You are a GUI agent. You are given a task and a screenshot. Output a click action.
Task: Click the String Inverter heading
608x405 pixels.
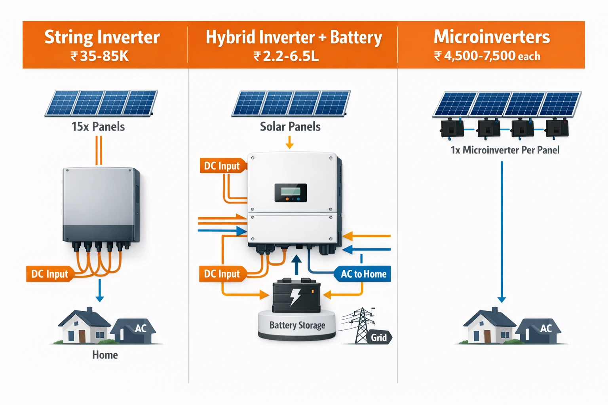point(102,37)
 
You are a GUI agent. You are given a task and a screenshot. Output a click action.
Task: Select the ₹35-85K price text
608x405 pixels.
point(100,56)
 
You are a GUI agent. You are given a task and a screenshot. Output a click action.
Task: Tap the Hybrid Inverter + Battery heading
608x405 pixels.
point(293,38)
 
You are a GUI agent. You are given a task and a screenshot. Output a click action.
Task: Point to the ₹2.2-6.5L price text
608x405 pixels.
point(286,56)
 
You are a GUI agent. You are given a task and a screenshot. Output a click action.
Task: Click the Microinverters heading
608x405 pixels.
point(492,37)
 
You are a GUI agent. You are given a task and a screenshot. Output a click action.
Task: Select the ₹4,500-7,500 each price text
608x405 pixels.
point(487,56)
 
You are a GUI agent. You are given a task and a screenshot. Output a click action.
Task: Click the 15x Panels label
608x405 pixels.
point(98,127)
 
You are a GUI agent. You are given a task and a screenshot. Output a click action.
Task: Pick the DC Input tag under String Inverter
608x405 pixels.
point(49,274)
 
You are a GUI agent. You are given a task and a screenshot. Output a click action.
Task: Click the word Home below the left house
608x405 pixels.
point(105,355)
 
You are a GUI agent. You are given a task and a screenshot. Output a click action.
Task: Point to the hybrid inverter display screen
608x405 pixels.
point(291,193)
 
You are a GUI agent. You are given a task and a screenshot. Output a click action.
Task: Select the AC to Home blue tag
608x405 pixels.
point(363,274)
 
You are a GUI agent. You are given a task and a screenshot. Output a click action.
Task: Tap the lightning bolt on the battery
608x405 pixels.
point(295,297)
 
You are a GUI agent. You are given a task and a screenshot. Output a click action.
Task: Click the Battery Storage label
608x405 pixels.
point(297,325)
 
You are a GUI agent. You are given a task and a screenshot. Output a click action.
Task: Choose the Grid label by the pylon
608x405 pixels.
point(379,337)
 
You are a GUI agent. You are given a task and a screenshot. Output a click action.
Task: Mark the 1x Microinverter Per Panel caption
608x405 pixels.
point(505,150)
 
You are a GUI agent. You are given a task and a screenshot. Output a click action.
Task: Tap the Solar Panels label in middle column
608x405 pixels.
point(290,127)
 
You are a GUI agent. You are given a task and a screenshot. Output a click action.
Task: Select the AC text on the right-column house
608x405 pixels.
point(546,328)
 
